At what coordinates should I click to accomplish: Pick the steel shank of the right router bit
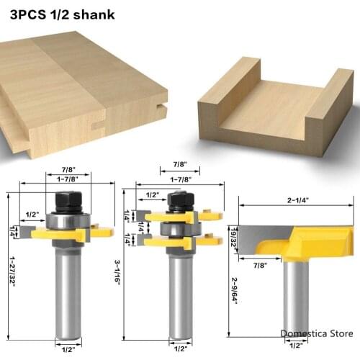[295, 295]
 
